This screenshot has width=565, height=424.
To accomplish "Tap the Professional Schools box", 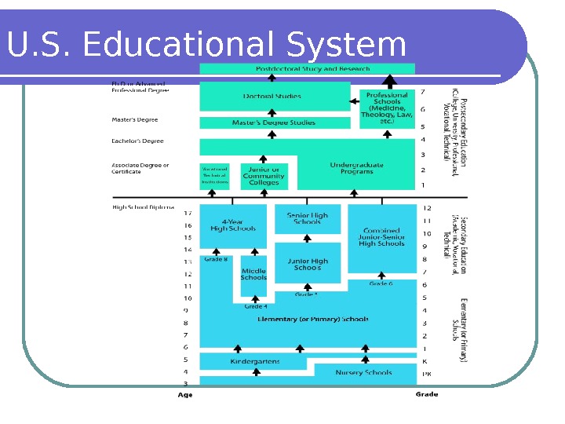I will coord(386,108).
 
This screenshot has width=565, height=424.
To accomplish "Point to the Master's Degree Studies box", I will coord(273,123).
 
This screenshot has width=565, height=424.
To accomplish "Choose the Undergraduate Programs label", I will coord(357,170).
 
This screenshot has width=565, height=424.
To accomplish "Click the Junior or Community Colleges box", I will coord(264,176).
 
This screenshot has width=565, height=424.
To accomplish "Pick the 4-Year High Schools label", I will coord(233,225).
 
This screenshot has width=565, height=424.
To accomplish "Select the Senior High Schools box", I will coord(307,218).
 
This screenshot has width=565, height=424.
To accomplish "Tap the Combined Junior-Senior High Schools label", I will coord(381,237).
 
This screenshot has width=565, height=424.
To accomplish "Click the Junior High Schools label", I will coord(307,264).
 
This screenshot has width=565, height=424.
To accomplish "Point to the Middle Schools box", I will coord(253,274).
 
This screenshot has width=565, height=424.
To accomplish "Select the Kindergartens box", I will coord(255,362).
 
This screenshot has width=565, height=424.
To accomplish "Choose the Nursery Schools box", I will coord(363,372).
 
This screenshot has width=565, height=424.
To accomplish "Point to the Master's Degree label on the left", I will coord(135,120).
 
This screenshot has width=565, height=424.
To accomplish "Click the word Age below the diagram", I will coord(185,395).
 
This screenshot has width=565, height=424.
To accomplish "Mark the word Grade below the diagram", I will coord(426,394).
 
